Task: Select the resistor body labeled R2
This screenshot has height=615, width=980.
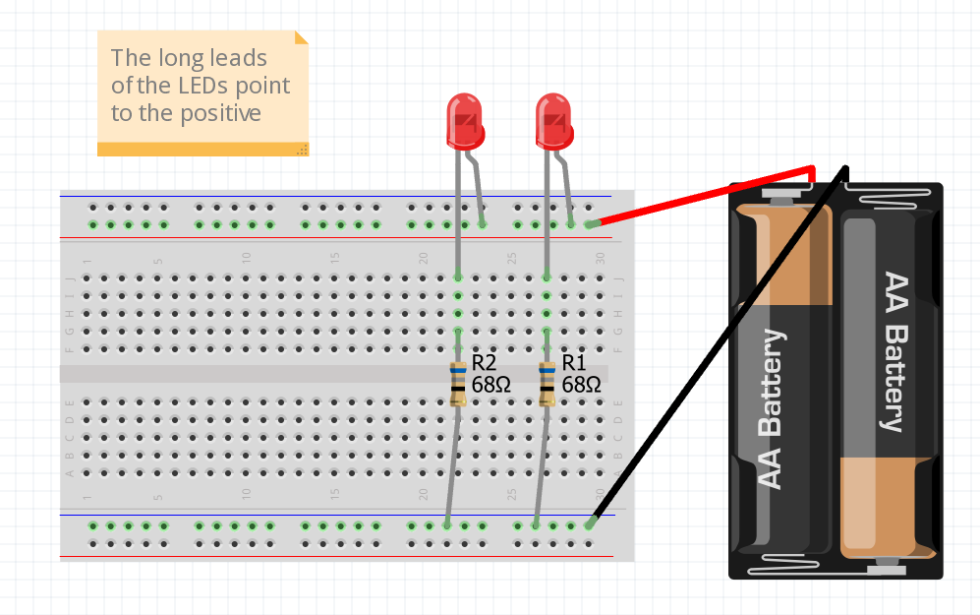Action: coord(458,384)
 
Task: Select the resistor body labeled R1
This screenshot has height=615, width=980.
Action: coord(548,384)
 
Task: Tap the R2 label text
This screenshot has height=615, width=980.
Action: coord(484,362)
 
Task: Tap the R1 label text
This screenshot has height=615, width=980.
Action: coord(574,362)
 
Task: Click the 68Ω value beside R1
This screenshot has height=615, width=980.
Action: coord(582,385)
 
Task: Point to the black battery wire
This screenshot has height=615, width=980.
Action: coord(718,344)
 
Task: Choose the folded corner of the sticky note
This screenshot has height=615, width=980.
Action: coord(302,37)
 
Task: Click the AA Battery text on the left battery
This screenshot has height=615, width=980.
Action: coord(773,409)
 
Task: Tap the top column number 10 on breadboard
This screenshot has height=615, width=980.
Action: coord(247,257)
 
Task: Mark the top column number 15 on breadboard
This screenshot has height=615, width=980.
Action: coord(335,257)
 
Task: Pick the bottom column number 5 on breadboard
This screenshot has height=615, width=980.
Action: coord(158,495)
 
